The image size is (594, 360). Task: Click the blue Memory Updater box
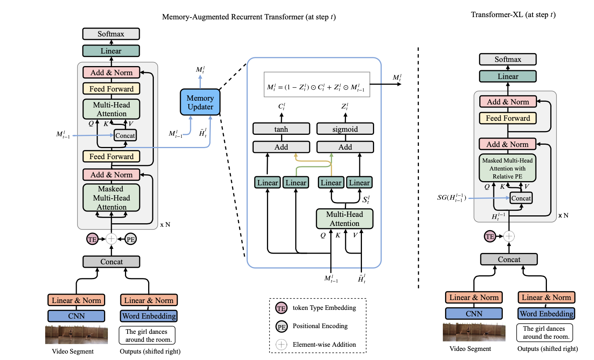pos(200,102)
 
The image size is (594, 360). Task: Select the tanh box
pos(281,129)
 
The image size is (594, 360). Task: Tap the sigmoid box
pos(345,129)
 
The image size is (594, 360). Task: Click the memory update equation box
pos(317,85)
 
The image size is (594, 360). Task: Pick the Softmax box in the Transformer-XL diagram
pos(508,59)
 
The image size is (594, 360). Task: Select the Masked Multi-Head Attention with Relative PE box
pos(507,168)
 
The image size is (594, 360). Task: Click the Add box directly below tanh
pos(281,147)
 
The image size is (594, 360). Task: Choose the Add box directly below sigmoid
pos(345,147)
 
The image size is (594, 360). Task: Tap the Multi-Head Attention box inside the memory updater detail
pos(344,219)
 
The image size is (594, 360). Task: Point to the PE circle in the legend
pos(281,327)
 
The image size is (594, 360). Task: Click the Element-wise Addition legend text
pos(324,344)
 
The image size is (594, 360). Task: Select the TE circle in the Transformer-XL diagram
pos(490,236)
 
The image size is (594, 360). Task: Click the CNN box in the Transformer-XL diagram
pos(474,314)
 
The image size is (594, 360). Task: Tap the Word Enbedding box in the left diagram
pos(149,316)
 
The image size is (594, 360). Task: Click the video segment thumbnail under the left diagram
pos(76,335)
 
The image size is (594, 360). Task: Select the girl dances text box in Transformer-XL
pos(544,333)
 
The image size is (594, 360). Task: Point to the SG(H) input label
pos(452,198)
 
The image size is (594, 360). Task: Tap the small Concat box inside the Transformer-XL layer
pos(521,198)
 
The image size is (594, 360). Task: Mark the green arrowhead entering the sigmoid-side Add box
pos(331,155)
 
